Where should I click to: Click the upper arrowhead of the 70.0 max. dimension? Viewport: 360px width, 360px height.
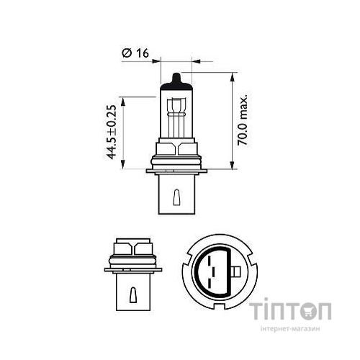pyautogui.click(x=233, y=76)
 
